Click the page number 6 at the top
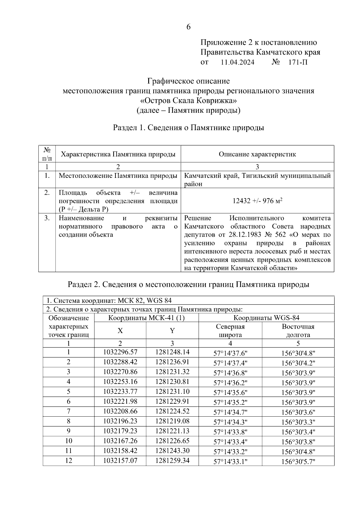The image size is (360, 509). [188, 27]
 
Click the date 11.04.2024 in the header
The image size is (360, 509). [237, 62]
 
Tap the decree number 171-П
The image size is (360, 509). [298, 62]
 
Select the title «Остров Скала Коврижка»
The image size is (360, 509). [188, 100]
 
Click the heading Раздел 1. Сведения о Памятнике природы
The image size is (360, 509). [188, 128]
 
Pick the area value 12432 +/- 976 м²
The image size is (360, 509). [257, 201]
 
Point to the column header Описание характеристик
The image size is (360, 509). [257, 154]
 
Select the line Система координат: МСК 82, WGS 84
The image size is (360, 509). [109, 301]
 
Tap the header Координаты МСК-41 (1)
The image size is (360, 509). [146, 318]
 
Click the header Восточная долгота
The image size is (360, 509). [298, 331]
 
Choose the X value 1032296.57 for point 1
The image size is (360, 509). [120, 352]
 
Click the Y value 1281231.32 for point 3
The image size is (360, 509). [172, 372]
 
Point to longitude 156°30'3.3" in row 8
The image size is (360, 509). [298, 422]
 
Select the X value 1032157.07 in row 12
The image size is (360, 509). [120, 460]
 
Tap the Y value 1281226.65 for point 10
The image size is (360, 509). [172, 441]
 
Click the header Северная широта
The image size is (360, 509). [230, 331]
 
